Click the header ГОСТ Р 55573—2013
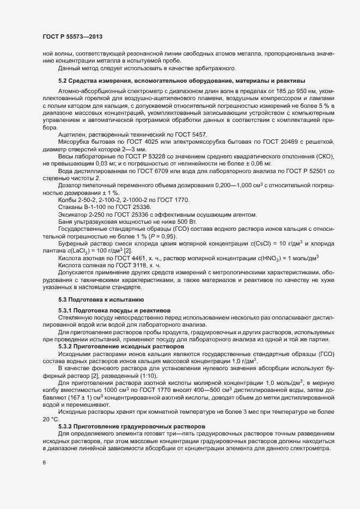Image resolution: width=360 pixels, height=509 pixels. pyautogui.click(x=72, y=36)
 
